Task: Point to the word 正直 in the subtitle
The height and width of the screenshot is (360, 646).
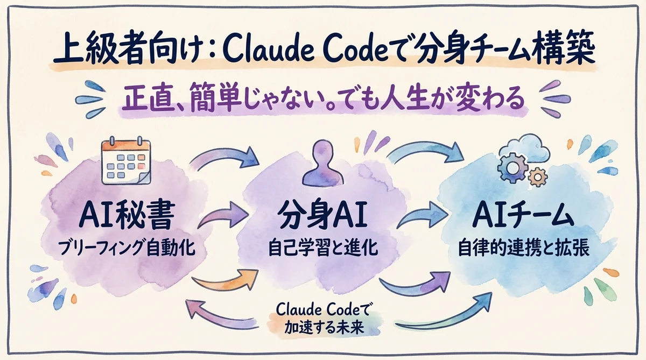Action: tap(139, 101)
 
